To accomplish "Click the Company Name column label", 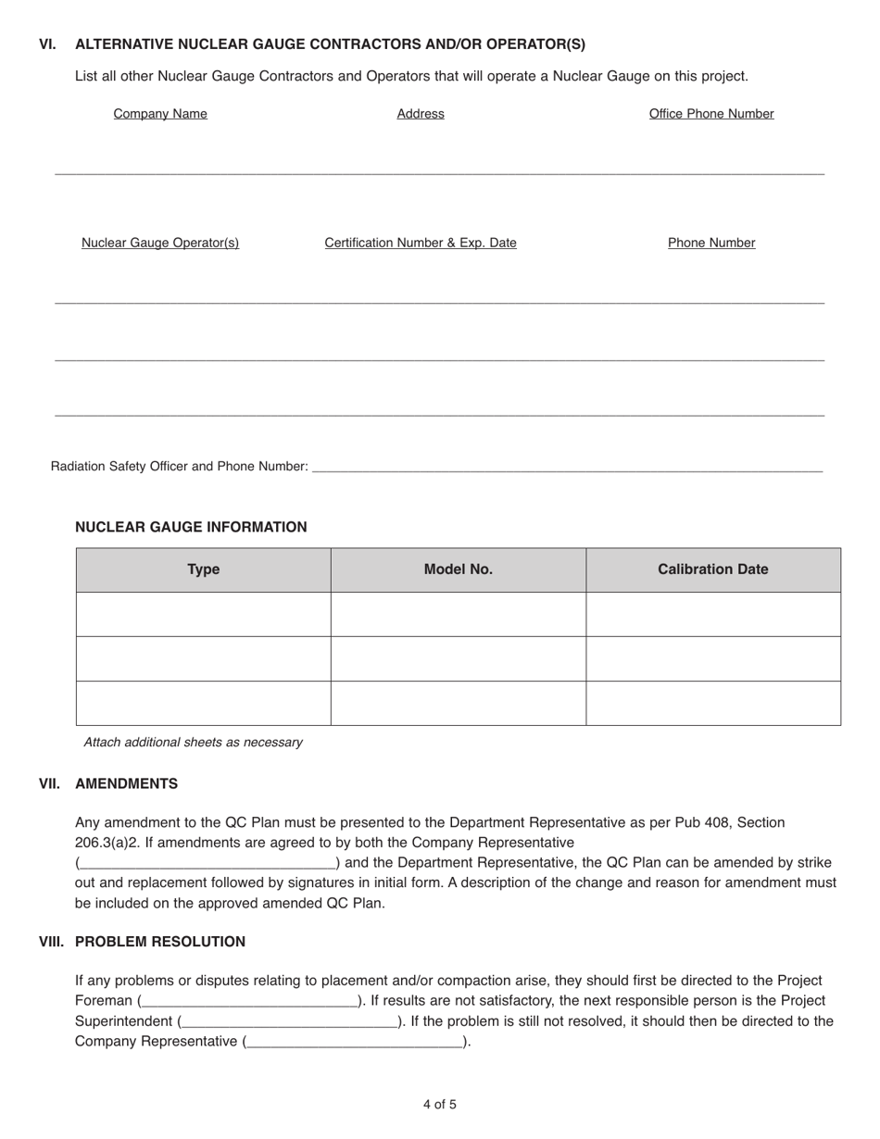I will (160, 114).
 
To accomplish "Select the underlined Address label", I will (421, 114).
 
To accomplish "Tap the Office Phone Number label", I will (711, 114).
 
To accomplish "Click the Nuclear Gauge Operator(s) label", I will (160, 243).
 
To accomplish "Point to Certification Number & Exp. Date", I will (421, 243).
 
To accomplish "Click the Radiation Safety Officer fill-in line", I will (567, 467).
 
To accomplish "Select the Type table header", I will (204, 569).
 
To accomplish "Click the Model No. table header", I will (459, 569).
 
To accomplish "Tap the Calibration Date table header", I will (713, 569).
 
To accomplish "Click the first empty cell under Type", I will (204, 614).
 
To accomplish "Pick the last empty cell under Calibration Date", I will (713, 703).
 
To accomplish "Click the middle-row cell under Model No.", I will (459, 658).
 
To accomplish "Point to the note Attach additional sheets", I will (193, 743).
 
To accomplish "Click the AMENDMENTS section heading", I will (126, 783).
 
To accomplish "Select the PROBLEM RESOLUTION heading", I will (160, 942).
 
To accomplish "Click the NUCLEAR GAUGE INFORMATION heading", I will (191, 527).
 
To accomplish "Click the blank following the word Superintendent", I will (290, 1021).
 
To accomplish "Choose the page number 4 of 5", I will (440, 1105).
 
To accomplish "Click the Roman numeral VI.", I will (47, 44).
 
